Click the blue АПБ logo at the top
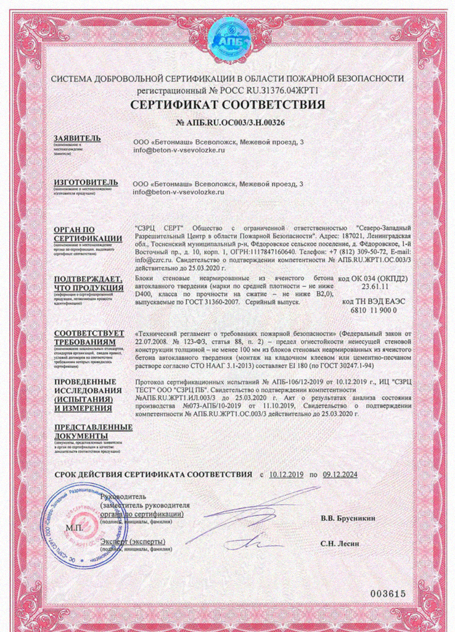pos(227,41)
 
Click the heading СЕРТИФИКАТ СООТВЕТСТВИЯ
pos(227,105)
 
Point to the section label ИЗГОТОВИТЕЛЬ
pos(85,182)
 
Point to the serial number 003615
pos(388,593)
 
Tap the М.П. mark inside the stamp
pos(75,529)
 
